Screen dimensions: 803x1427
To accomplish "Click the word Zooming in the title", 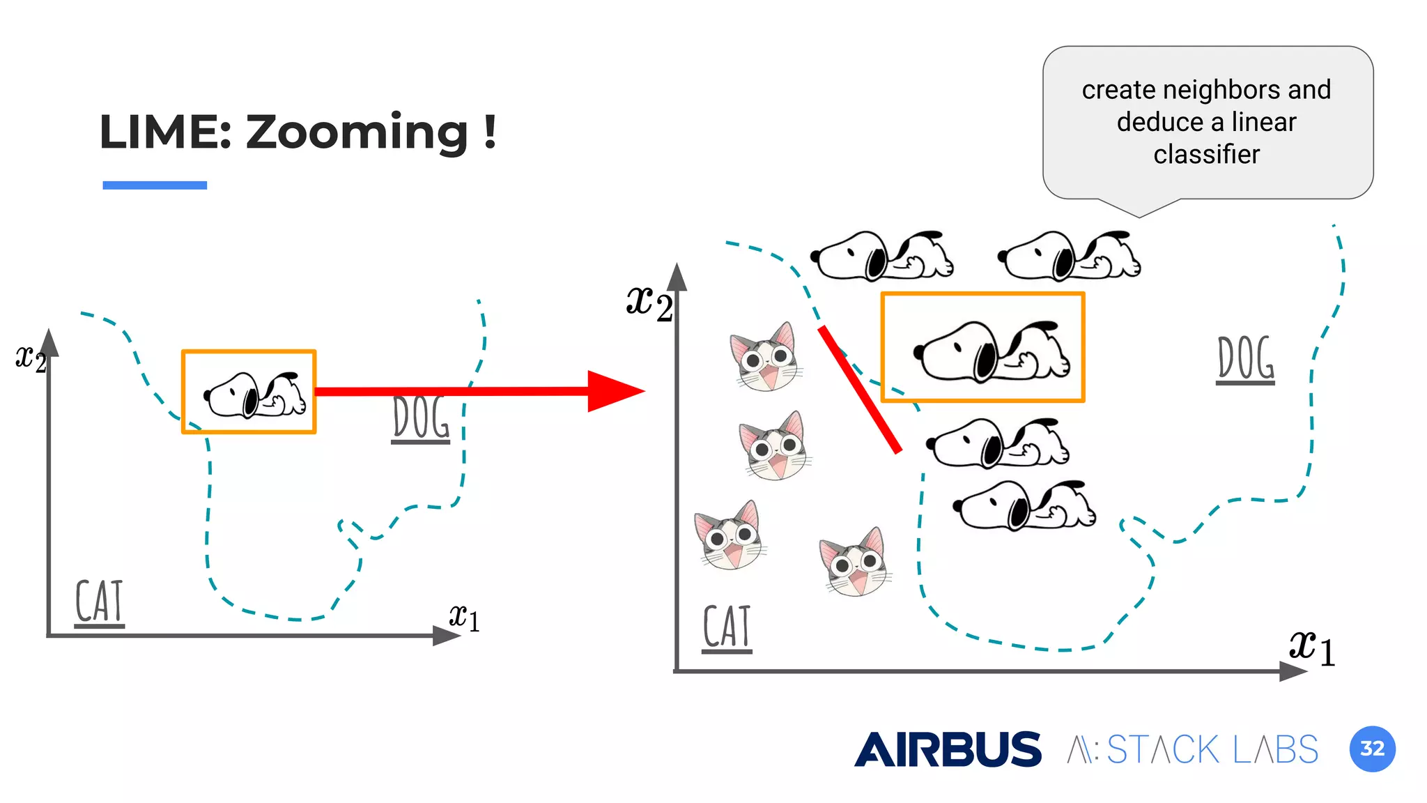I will click(x=357, y=132).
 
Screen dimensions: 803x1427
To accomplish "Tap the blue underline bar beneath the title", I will click(x=155, y=185).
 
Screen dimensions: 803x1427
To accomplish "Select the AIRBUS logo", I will click(x=948, y=749).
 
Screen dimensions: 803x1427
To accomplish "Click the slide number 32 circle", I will click(x=1372, y=749).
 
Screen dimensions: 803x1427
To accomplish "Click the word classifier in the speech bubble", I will click(x=1206, y=155).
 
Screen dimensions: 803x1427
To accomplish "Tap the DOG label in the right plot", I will click(x=1246, y=359).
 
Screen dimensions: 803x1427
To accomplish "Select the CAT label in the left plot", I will click(x=99, y=602).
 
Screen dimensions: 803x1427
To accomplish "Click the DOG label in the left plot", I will click(x=421, y=419).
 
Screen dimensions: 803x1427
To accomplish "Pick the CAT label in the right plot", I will click(x=727, y=627).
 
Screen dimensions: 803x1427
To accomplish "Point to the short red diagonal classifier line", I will click(x=861, y=390).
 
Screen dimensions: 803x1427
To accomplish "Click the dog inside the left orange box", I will click(x=255, y=395).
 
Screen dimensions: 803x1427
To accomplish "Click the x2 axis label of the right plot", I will click(x=649, y=303).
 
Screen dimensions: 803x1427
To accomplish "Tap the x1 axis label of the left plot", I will click(x=464, y=617).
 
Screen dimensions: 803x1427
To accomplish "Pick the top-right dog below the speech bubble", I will click(x=1069, y=256).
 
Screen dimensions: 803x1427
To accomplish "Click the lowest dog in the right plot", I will click(x=1024, y=505).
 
